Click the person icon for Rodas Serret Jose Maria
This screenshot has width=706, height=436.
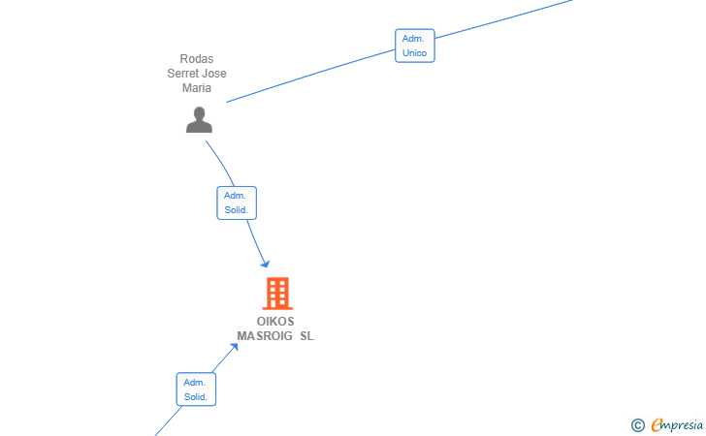point(199,120)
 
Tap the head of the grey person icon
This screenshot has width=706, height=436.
point(199,112)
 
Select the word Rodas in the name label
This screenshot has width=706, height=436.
point(197,59)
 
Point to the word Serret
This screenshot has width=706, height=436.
point(182,74)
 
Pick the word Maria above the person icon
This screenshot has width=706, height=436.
point(197,88)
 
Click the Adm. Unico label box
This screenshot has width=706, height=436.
point(415,46)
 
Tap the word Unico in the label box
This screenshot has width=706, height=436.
point(415,53)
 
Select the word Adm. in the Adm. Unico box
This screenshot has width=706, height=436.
point(413,39)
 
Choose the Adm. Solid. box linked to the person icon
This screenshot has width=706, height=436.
point(237,202)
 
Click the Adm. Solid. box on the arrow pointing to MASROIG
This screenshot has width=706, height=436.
point(196,389)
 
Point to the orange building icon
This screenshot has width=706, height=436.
point(277,294)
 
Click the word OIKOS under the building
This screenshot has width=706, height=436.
point(275,322)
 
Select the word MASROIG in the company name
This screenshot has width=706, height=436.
point(265,336)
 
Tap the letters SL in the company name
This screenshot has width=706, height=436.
point(307,336)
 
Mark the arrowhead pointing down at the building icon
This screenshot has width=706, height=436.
point(266,264)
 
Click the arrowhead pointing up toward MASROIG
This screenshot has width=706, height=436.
point(234,348)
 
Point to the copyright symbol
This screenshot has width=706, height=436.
point(638,425)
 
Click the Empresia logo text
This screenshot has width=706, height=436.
point(677,424)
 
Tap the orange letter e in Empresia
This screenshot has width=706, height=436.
point(657,424)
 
